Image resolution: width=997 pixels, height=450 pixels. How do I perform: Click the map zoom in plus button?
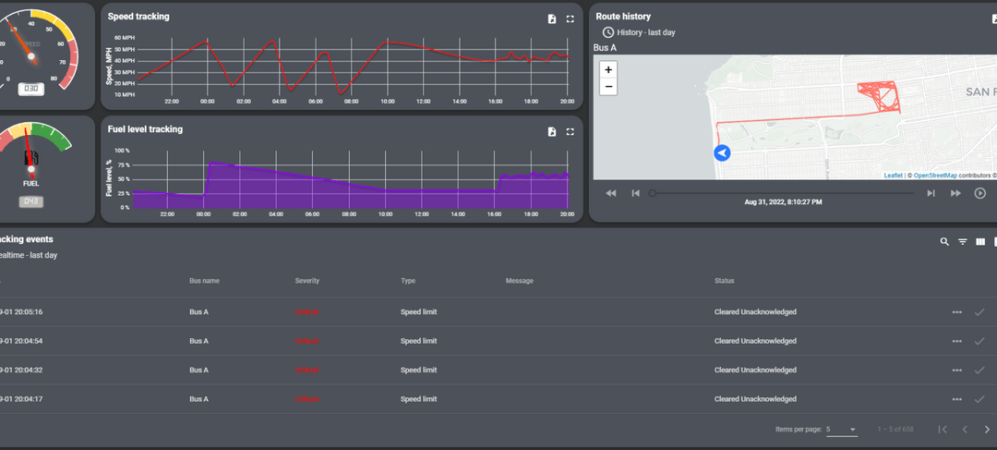608,69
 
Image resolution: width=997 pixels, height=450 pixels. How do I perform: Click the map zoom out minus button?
608,87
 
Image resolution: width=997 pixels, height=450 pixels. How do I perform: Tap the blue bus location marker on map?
723,153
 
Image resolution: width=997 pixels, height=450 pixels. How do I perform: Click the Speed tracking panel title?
138,17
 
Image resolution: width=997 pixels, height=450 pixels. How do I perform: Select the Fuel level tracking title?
145,129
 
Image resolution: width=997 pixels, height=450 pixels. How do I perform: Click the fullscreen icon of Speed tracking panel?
571,18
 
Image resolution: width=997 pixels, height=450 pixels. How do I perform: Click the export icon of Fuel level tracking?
551,132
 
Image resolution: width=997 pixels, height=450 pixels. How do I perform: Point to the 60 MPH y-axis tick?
125,38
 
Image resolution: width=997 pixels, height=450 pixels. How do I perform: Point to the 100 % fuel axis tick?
122,150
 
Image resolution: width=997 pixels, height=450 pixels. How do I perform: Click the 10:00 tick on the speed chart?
388,101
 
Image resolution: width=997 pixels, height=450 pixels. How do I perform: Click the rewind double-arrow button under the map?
610,193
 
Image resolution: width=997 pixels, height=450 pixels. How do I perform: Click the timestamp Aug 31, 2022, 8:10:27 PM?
783,201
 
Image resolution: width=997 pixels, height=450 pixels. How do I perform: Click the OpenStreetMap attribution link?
934,175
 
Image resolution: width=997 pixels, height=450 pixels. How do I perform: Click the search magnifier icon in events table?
944,242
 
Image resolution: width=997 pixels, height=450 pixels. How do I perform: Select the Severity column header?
307,281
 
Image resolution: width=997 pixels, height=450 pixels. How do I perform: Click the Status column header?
725,281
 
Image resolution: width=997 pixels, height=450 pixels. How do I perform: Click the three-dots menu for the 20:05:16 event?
957,312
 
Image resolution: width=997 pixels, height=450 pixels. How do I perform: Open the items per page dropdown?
841,430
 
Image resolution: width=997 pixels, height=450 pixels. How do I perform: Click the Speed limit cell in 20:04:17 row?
418,399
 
